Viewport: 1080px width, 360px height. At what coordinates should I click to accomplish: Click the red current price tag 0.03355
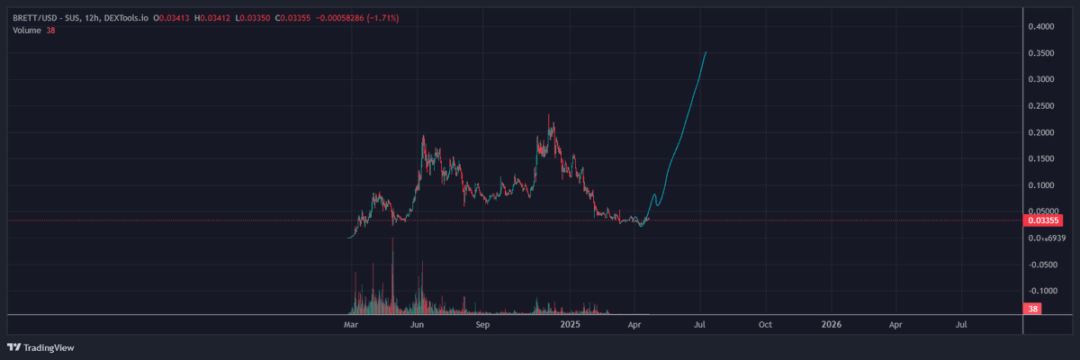pos(1043,220)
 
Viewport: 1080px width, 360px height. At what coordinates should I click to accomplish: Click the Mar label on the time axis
pos(351,323)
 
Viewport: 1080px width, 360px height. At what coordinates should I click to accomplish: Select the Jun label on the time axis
pos(417,323)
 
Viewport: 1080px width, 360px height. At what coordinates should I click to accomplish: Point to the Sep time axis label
pos(482,323)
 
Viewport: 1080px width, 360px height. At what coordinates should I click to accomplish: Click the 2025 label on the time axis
pos(569,323)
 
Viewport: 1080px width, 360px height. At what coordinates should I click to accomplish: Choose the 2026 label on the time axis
pos(832,323)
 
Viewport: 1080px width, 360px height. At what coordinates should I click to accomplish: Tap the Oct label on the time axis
pos(766,323)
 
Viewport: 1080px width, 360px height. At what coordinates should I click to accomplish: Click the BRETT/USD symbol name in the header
pos(34,18)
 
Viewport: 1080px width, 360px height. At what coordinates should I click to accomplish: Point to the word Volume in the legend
pos(27,31)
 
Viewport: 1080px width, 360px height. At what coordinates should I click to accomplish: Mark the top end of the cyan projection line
pos(706,52)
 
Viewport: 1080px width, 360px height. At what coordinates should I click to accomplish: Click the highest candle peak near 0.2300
pos(550,116)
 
